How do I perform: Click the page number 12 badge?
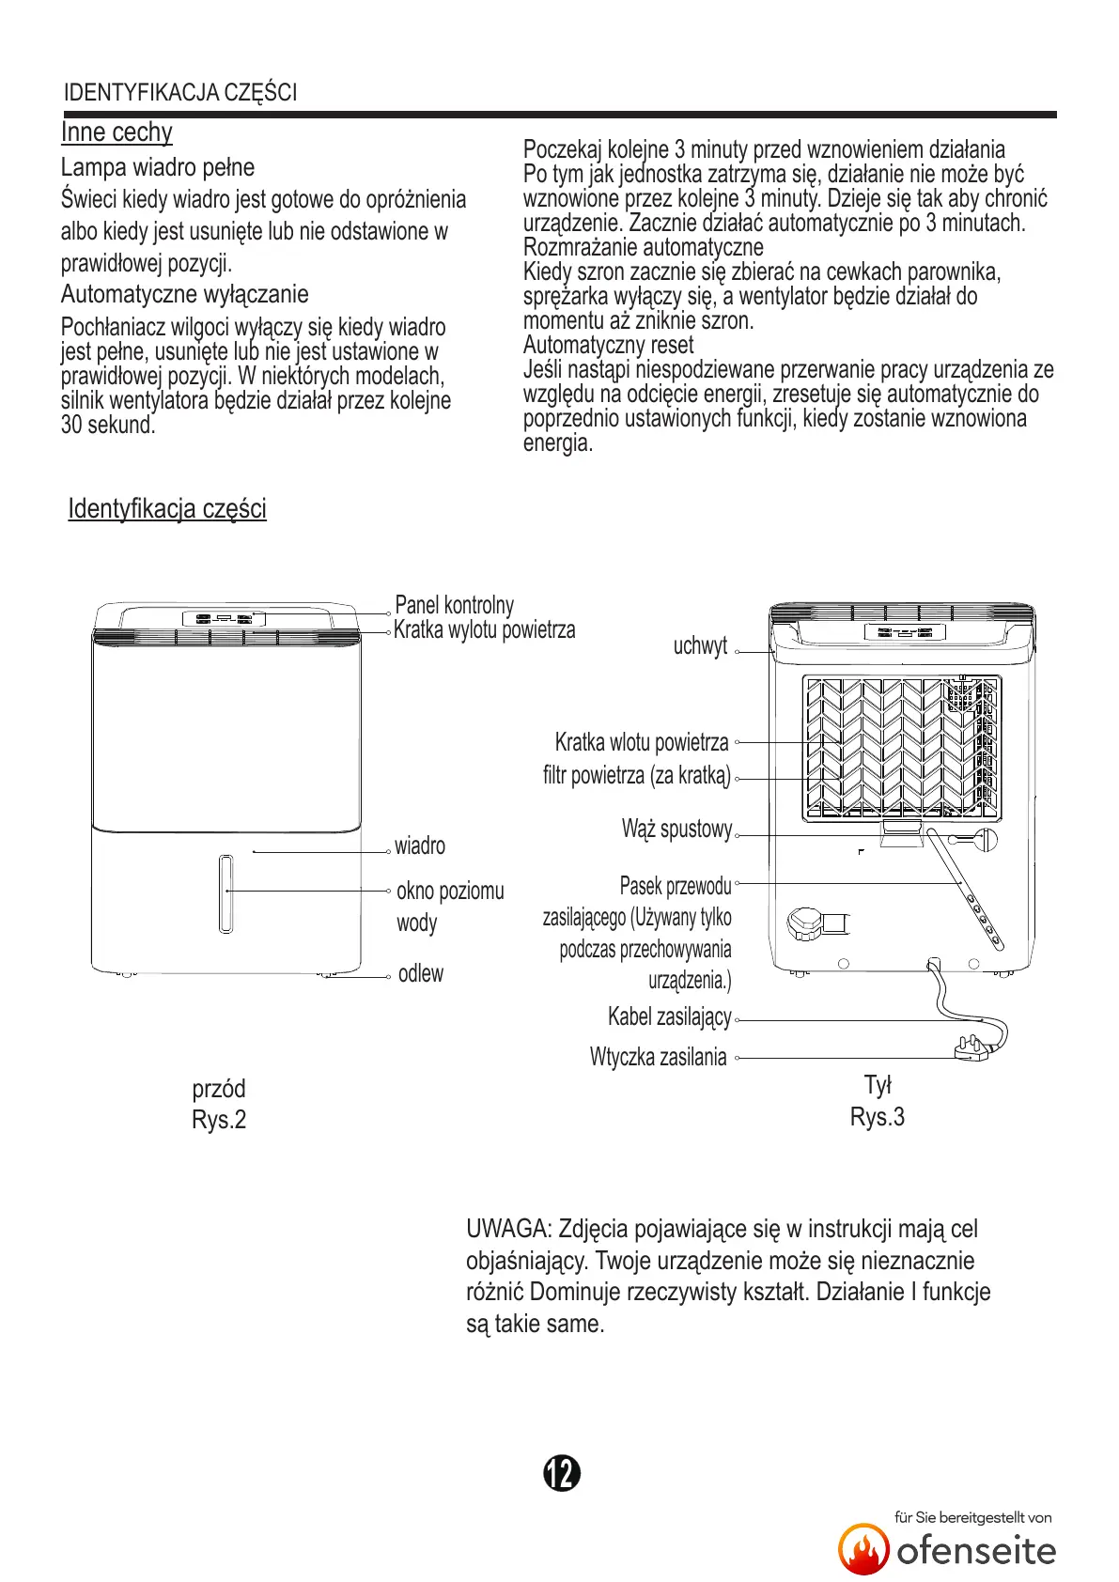pos(562,1473)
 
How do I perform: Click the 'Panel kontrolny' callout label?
pos(454,605)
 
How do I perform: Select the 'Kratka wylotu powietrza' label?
pos(484,630)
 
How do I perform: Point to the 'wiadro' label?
pos(420,846)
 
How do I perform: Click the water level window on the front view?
pos(225,893)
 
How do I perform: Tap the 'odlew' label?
pos(421,974)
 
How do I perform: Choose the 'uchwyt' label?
pos(700,646)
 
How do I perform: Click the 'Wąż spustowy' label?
pos(676,830)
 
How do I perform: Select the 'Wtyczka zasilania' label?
pos(659,1058)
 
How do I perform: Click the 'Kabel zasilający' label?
pos(670,1017)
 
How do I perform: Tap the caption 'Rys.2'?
pos(219,1120)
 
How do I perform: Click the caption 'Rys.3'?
pos(878,1117)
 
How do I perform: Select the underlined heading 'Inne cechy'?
pos(117,132)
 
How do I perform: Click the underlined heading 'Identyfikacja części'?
pos(167,509)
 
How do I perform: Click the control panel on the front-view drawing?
pos(224,618)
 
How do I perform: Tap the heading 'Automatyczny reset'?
pos(608,346)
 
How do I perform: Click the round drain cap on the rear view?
pos(805,923)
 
